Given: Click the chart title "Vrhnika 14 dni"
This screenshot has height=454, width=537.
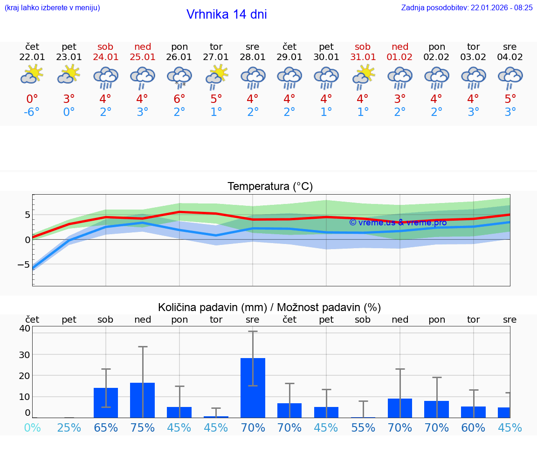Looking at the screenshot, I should tap(227, 14).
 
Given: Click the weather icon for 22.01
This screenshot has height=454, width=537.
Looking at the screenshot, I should tap(32, 75).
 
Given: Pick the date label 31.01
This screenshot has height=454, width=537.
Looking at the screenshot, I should tap(363, 57).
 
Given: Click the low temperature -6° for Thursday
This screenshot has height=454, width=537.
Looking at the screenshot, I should tap(32, 112).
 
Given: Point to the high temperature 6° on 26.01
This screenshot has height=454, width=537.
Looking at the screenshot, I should tap(179, 99).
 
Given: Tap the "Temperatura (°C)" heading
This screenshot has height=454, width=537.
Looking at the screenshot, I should tap(270, 187).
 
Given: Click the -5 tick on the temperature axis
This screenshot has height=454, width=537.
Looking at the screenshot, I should tap(24, 264).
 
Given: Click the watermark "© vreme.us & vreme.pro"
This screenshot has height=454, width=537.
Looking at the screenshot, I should tap(398, 223).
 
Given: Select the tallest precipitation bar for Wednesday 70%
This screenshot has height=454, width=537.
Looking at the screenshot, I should tap(253, 387).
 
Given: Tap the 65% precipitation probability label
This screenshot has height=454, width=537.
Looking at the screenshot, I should tap(106, 427).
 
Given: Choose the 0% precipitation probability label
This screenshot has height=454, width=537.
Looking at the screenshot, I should tap(32, 427).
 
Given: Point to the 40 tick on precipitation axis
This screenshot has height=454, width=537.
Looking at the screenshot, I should tap(25, 328).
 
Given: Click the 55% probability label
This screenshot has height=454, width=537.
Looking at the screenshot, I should tap(363, 427).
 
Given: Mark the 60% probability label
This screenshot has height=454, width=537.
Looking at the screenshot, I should tap(473, 427).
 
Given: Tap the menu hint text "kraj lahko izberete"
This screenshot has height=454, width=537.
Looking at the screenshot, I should tap(52, 8).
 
